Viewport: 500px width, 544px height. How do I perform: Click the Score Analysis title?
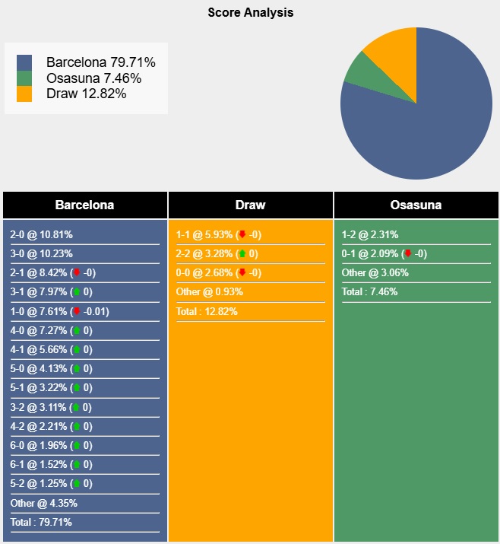pos(250,13)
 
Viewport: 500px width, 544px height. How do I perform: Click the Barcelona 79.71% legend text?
pos(100,62)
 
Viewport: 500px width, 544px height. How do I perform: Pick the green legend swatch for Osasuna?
pos(24,78)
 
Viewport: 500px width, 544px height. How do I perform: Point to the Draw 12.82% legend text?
pos(86,94)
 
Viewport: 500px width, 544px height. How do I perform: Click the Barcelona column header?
pos(84,205)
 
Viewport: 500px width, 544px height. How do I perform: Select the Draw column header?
pos(250,205)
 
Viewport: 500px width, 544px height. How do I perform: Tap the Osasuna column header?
pos(416,205)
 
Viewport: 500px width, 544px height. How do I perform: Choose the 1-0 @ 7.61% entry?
pos(38,311)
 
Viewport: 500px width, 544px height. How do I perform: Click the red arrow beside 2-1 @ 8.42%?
pos(76,272)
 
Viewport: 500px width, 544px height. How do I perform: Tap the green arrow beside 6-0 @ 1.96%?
pos(76,445)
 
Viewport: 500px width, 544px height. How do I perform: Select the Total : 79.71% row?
pos(41,522)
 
